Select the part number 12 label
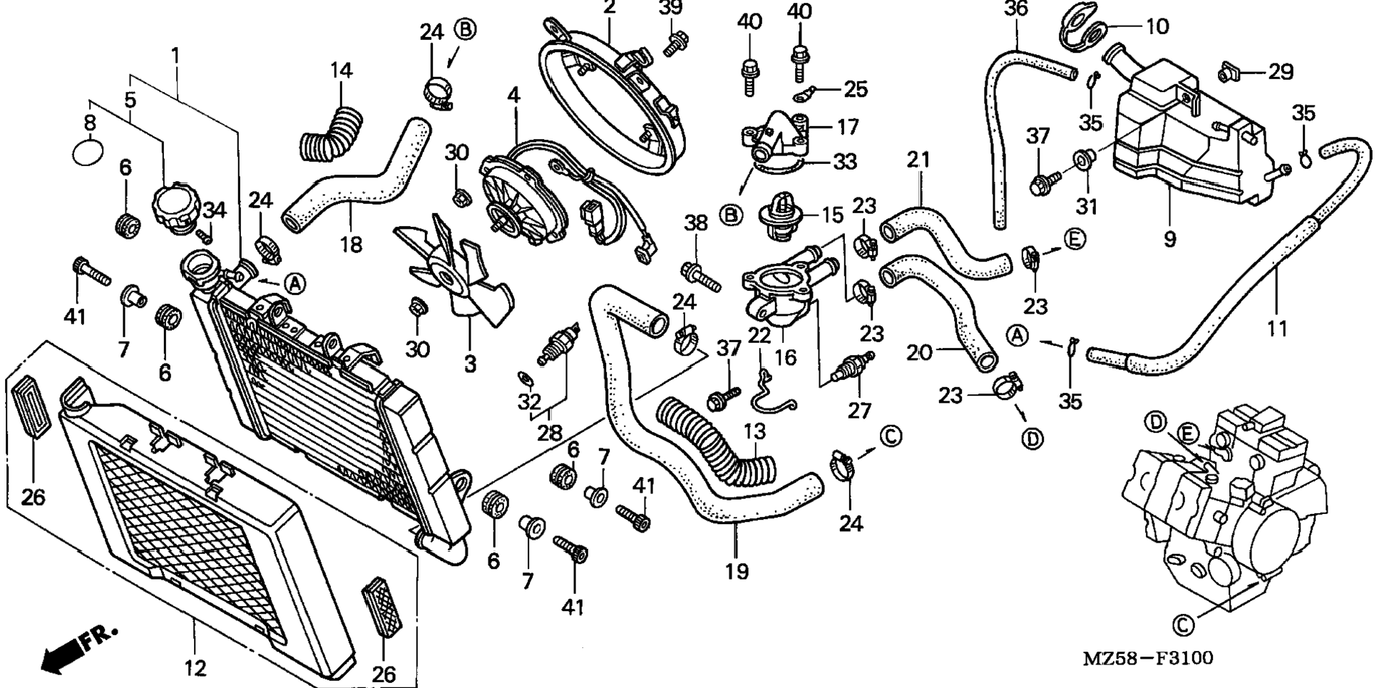pos(195,669)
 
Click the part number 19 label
pos(737,571)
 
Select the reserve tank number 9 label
pos(1169,240)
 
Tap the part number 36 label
pos(1015,9)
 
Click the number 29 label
pos(1281,71)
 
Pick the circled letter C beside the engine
pos(1181,625)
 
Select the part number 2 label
pos(609,8)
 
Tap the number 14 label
pos(342,71)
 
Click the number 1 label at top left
pos(175,55)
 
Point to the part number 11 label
pos(1278,329)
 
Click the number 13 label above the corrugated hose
pos(754,431)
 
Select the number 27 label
pos(860,411)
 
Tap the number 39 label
pos(670,8)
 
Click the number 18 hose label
pos(351,245)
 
